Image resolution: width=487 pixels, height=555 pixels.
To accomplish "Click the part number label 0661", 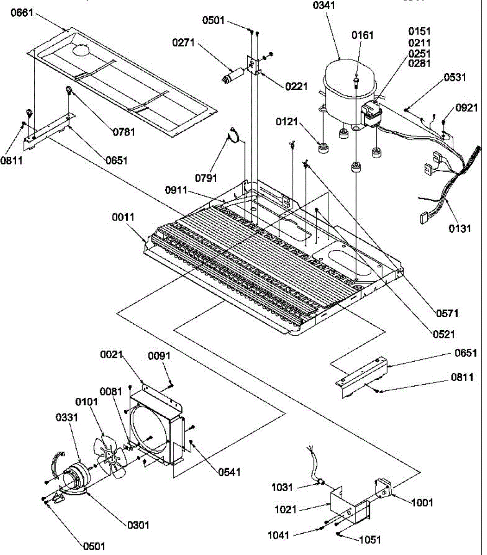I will [x=22, y=12].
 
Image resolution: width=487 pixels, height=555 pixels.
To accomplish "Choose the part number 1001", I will [x=421, y=502].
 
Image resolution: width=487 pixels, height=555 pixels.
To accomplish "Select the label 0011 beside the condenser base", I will [x=123, y=217].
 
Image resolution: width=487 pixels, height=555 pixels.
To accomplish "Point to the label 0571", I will [x=447, y=314].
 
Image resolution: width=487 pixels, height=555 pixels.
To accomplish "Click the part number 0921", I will [x=466, y=108].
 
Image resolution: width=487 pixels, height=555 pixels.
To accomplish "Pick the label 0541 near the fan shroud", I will [x=229, y=472].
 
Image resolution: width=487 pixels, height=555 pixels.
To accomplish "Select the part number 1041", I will [x=279, y=535].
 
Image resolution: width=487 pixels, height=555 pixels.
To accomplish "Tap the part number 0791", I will [x=206, y=177].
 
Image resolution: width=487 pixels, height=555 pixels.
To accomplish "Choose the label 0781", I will [x=124, y=132].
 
